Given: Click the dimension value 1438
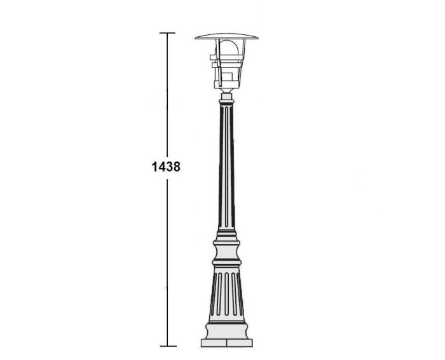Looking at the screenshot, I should (167, 167).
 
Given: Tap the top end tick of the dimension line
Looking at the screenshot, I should (167, 32).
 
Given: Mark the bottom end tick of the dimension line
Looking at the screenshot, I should (167, 346).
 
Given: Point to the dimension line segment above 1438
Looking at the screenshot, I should (167, 95).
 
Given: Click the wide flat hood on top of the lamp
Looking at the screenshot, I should (226, 36).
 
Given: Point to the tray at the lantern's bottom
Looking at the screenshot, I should (226, 90).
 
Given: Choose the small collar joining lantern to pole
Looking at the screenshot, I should (226, 99).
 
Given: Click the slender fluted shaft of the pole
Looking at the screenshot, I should (226, 172).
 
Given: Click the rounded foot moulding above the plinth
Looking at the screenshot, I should (227, 331).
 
